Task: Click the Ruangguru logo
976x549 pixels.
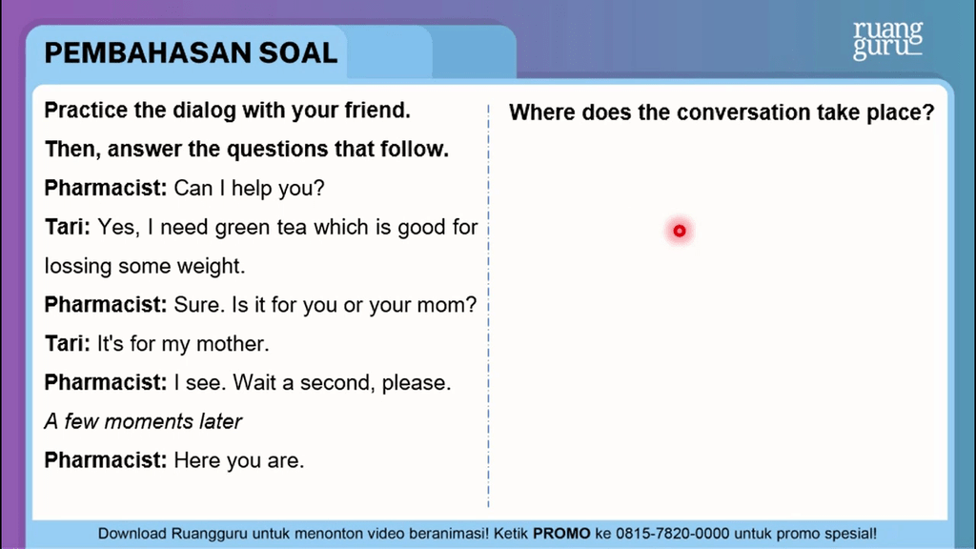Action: point(887,41)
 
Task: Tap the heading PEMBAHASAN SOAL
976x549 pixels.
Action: point(191,52)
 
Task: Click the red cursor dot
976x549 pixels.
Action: point(680,231)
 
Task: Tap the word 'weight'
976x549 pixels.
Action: point(217,267)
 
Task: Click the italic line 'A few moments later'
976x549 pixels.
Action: point(143,421)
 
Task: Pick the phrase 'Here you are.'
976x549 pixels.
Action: point(238,461)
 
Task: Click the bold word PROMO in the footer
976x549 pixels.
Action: point(561,534)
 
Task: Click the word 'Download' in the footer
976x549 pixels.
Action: point(133,534)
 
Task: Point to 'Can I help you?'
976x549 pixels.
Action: point(249,189)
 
